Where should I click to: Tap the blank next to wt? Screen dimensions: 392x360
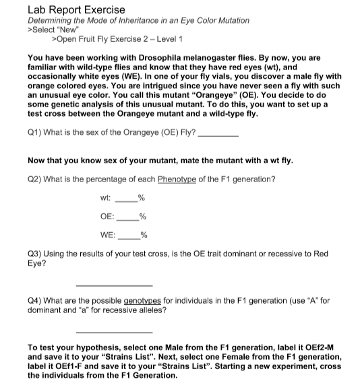[x=126, y=199]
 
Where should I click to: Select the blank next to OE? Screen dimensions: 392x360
[x=127, y=217]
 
